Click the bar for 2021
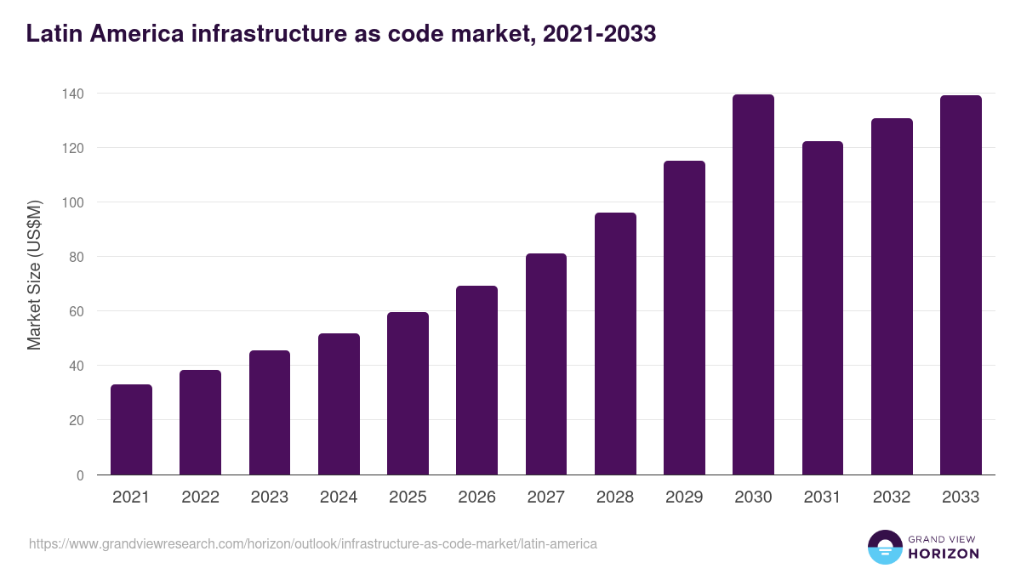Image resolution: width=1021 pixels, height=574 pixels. click(131, 429)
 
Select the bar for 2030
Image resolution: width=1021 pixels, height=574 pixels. click(753, 285)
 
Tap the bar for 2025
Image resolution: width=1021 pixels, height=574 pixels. click(408, 393)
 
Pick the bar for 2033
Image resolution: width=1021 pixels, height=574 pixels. click(961, 285)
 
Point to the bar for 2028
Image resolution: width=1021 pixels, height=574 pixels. click(615, 344)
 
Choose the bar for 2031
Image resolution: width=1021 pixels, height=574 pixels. click(822, 308)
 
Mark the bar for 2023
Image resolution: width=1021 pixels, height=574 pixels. click(270, 412)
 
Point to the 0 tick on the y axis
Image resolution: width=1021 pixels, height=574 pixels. click(80, 475)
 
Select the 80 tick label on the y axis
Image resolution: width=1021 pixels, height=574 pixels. click(76, 257)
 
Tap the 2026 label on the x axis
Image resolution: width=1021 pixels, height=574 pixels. click(476, 497)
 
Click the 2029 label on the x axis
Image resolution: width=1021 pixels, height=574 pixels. click(684, 497)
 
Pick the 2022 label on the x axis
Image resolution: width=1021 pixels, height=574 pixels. click(200, 497)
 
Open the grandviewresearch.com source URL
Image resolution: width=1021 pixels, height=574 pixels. click(313, 543)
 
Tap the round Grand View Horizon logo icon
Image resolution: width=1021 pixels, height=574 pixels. click(885, 547)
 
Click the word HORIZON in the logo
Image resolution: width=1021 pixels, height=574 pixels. click(944, 554)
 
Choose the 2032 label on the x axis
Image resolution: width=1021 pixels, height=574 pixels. click(891, 497)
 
